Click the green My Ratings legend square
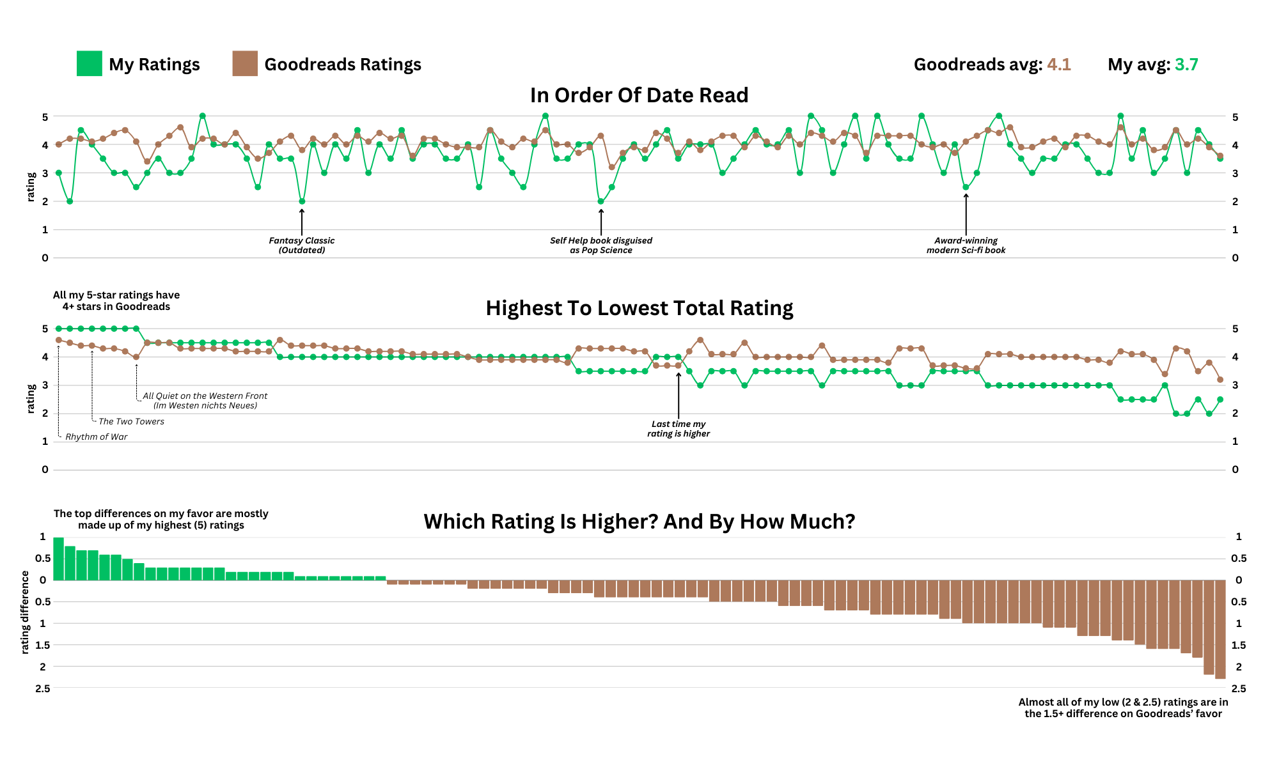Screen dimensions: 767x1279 click(89, 64)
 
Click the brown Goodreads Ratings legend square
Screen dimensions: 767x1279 click(245, 64)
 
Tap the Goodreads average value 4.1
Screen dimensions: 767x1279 click(1058, 65)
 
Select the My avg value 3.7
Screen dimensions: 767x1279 click(1186, 65)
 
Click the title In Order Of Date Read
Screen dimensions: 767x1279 click(639, 95)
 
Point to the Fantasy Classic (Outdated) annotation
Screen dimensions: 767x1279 click(301, 245)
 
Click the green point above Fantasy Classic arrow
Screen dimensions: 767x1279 click(302, 201)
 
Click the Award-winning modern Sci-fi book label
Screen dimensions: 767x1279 click(966, 245)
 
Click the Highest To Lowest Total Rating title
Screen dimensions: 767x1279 click(639, 308)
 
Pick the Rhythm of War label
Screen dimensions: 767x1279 click(96, 437)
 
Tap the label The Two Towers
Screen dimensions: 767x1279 click(131, 422)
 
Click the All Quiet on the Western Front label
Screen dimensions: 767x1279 click(205, 401)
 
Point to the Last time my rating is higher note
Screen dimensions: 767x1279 click(678, 429)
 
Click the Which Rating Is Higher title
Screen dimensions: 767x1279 click(639, 522)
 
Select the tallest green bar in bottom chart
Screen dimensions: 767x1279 click(58, 559)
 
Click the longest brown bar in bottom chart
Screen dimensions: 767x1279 click(1220, 630)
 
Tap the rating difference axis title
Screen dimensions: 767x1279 click(25, 612)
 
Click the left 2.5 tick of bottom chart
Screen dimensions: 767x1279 click(43, 688)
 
